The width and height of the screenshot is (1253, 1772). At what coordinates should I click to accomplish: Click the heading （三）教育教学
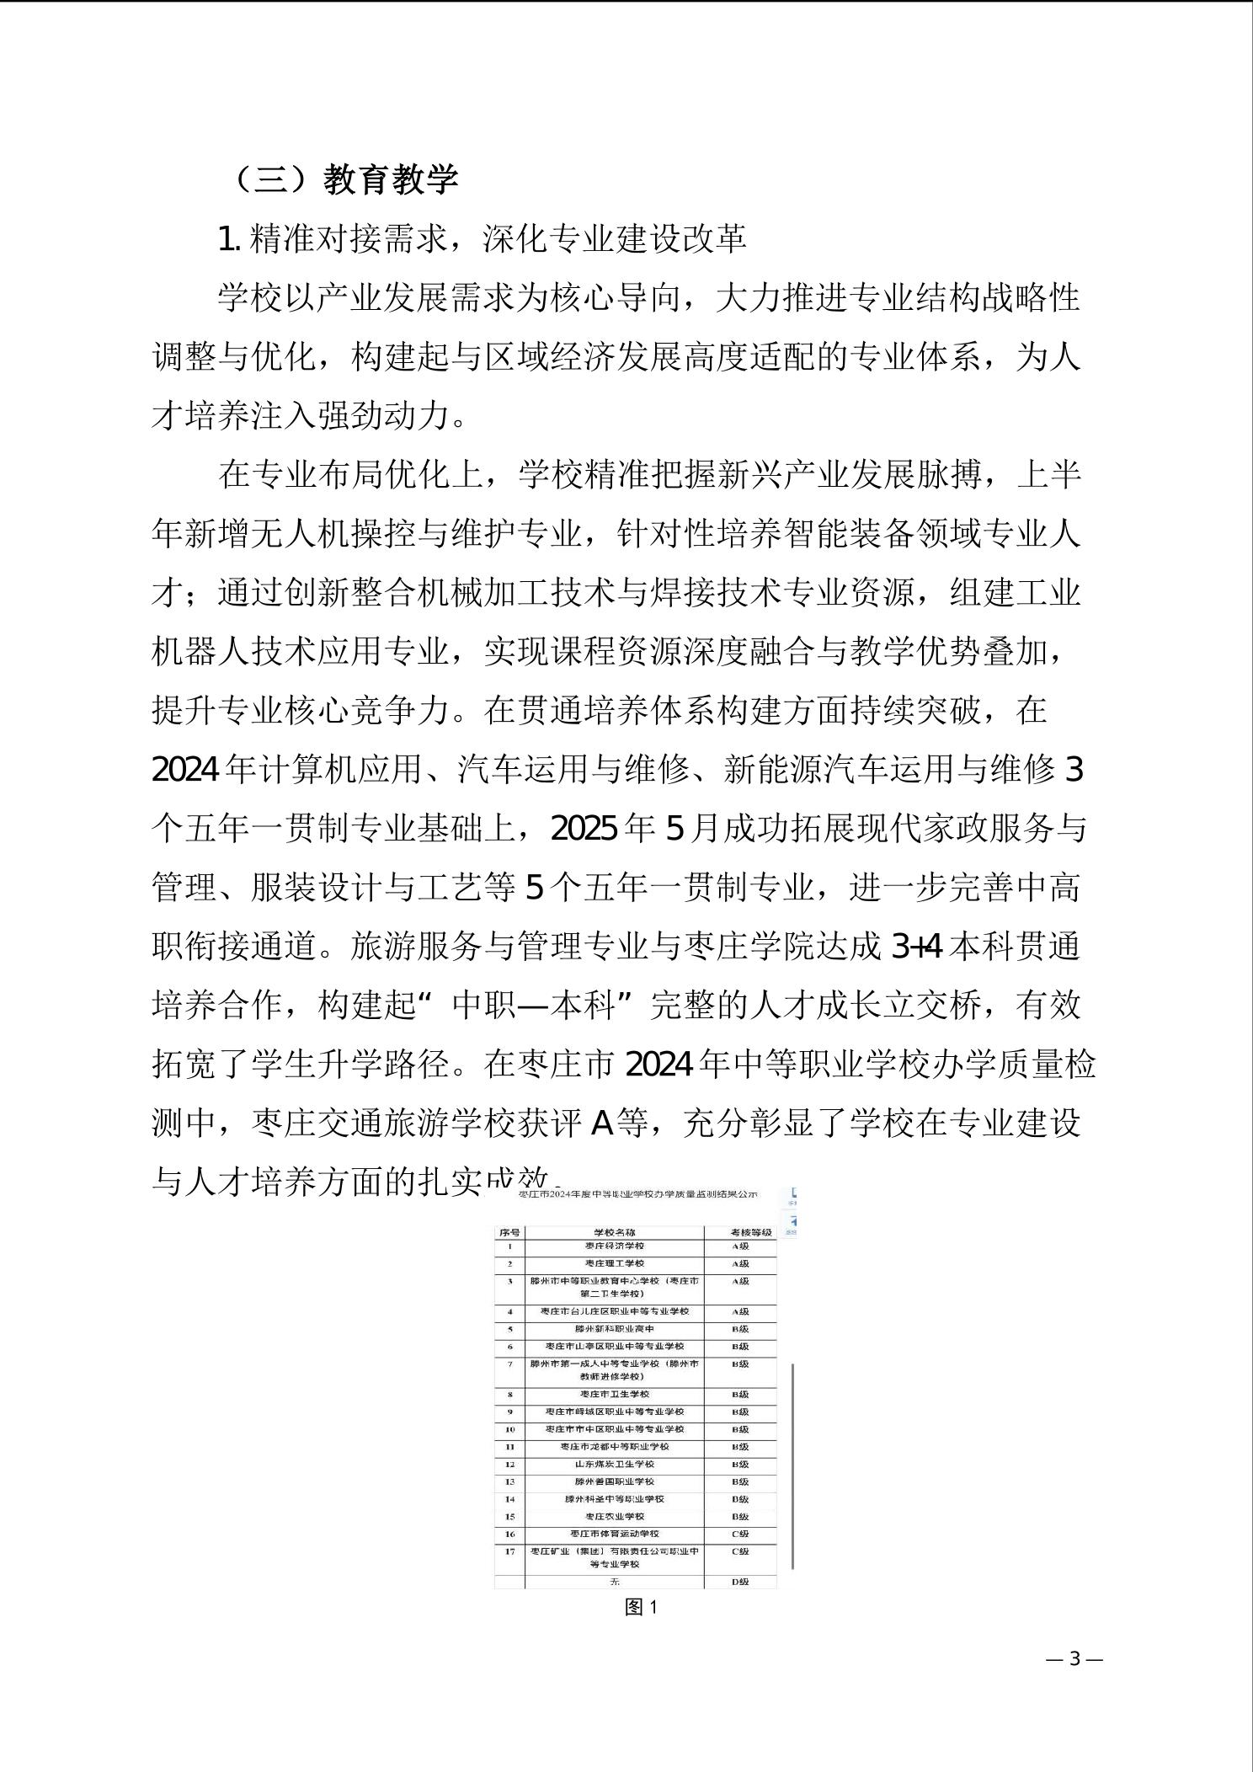click(x=345, y=179)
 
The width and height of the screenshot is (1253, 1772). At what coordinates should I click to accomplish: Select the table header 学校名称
click(x=615, y=1232)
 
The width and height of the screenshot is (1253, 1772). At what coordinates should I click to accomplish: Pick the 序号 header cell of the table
click(x=509, y=1232)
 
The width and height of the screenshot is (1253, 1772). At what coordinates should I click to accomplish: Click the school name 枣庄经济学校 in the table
click(x=615, y=1246)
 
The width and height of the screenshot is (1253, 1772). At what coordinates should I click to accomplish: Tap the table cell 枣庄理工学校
click(x=615, y=1263)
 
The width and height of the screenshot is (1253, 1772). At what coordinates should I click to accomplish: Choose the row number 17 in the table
click(x=509, y=1551)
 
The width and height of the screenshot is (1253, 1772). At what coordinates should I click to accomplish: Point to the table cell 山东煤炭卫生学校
click(x=615, y=1464)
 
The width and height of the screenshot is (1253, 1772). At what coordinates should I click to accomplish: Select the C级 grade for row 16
click(x=740, y=1534)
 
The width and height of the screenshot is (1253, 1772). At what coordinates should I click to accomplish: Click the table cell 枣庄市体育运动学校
click(x=615, y=1534)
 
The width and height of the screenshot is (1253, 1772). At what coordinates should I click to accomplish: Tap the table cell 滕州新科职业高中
click(x=615, y=1329)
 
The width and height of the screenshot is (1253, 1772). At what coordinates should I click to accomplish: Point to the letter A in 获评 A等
click(x=602, y=1124)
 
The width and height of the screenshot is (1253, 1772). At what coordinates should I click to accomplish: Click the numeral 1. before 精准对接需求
click(x=228, y=240)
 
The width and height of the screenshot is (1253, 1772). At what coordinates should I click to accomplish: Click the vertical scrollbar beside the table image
click(x=793, y=1465)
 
